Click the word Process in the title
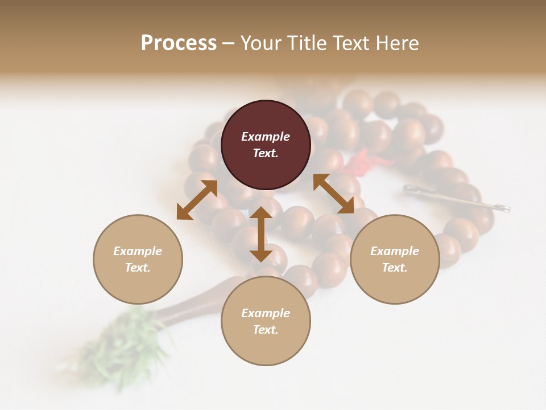click(179, 43)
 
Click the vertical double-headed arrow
click(261, 234)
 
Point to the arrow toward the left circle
click(197, 200)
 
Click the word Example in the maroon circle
click(266, 137)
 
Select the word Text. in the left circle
click(138, 268)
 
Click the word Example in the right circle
click(395, 251)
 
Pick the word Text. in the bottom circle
click(266, 330)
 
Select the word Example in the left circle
click(138, 251)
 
